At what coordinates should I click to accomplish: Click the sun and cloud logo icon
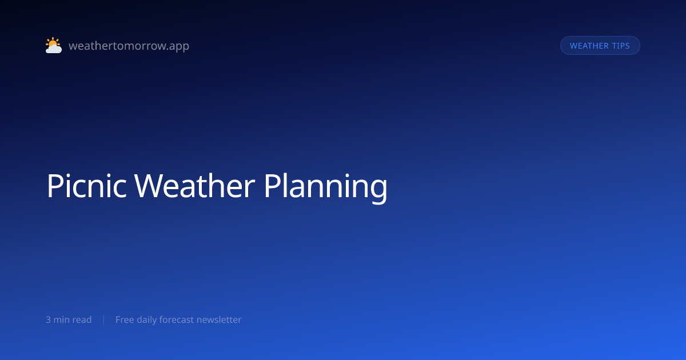54,45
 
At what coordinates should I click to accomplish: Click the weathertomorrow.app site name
129,46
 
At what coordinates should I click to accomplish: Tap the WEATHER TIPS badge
600,46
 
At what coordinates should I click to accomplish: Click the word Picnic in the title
87,186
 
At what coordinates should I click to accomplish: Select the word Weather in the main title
194,186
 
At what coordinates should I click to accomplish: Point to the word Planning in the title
325,187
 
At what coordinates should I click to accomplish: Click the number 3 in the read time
48,319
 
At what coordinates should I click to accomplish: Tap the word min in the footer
63,319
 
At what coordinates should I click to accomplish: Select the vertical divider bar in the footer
104,320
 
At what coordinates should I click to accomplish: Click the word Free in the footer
125,319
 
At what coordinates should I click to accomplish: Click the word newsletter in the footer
219,319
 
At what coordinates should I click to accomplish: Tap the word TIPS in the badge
621,46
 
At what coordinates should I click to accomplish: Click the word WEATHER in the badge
589,46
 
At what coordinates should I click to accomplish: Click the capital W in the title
147,186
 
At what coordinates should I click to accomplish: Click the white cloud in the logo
54,49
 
